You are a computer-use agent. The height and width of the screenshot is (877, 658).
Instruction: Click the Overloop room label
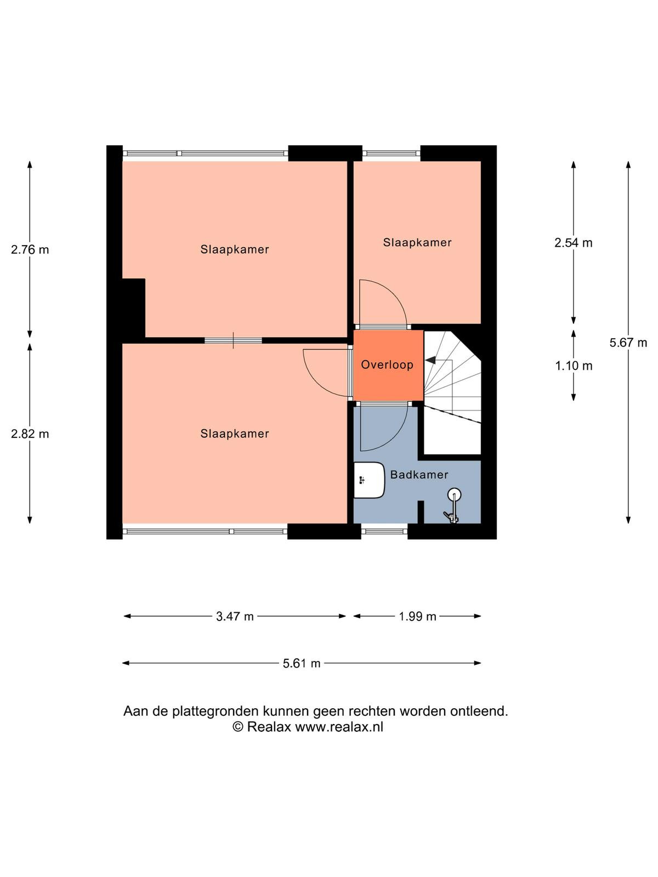click(387, 365)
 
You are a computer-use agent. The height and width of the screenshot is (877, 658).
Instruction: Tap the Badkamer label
click(419, 475)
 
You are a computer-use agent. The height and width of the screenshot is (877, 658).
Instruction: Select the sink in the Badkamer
click(369, 480)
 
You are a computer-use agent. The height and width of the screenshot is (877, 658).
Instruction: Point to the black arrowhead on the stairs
click(430, 360)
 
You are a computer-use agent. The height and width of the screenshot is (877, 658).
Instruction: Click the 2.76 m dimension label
click(30, 250)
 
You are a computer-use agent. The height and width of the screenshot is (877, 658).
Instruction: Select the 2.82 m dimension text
click(30, 434)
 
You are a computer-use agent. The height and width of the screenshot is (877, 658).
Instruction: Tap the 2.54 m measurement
click(574, 242)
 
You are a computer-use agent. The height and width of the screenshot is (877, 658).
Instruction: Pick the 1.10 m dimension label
click(574, 366)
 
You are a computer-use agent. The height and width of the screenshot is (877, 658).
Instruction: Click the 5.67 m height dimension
click(628, 343)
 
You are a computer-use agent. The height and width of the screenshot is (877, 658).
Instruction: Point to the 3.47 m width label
click(235, 617)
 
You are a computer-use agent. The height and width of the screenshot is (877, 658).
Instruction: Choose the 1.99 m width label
click(417, 617)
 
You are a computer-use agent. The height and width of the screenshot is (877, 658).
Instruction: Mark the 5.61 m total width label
click(302, 663)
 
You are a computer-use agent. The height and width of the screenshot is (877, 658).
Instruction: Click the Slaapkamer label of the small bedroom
click(417, 242)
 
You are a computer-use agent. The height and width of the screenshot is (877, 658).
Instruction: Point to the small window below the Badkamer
click(384, 531)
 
